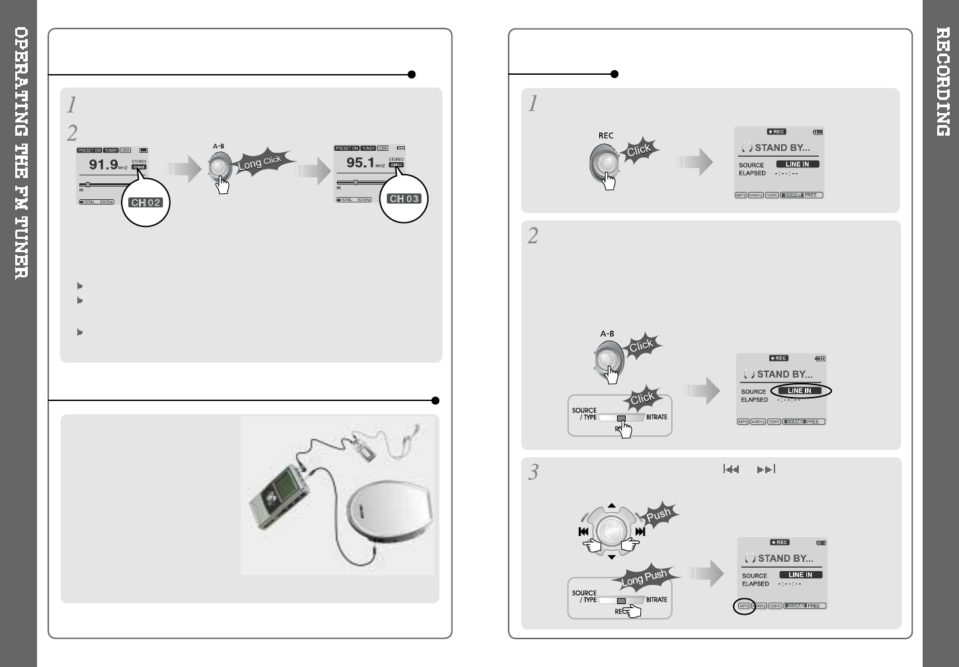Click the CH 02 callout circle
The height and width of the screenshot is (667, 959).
(146, 202)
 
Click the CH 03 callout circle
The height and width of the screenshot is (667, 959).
(404, 199)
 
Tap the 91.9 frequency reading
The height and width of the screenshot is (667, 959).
(104, 164)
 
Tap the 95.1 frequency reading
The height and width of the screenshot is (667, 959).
(361, 162)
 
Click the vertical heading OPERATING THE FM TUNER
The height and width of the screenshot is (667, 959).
(21, 152)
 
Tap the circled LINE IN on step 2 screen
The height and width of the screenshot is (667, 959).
(800, 391)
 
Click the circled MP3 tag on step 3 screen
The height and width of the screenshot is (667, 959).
(744, 606)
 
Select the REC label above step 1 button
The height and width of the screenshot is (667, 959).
(606, 136)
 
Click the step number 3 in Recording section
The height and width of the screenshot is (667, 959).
(533, 472)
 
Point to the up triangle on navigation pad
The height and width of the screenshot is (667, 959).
(612, 506)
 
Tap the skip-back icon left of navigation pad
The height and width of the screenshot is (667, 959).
(583, 531)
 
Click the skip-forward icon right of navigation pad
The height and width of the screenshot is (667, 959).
(640, 531)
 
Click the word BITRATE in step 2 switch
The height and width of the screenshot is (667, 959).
(656, 417)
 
